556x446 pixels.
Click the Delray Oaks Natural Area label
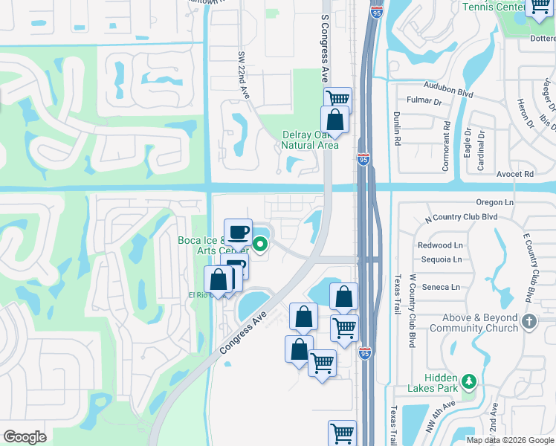click(310, 140)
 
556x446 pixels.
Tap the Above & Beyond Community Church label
click(473, 323)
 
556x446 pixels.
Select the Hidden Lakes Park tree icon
click(468, 381)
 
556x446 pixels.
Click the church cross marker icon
click(529, 322)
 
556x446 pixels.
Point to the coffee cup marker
click(238, 232)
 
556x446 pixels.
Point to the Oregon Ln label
click(494, 202)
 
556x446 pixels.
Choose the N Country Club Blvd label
click(460, 217)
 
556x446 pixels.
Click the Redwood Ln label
click(440, 245)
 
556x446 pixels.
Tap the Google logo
click(25, 437)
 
